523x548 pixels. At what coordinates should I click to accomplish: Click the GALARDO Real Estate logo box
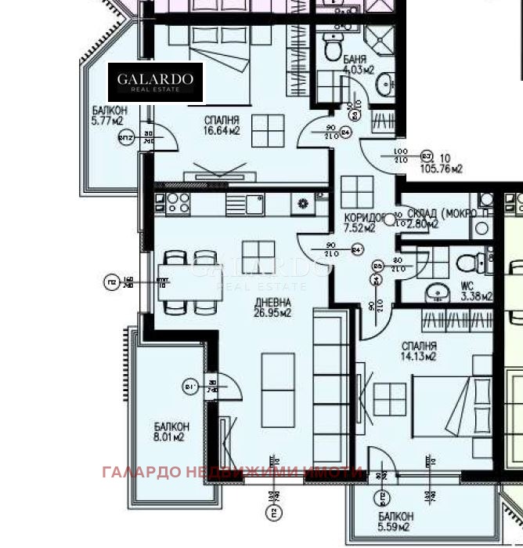(155, 82)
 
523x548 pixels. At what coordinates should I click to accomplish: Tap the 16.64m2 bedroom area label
(222, 125)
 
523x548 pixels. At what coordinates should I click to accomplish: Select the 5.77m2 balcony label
(106, 116)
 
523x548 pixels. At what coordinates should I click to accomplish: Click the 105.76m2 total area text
(442, 163)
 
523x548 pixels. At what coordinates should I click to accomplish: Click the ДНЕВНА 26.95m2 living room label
(272, 308)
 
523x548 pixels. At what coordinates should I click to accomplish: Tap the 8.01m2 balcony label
(168, 432)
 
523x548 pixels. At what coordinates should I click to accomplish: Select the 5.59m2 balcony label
(395, 522)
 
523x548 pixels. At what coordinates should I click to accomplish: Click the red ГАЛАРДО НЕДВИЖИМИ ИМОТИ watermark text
(232, 472)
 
